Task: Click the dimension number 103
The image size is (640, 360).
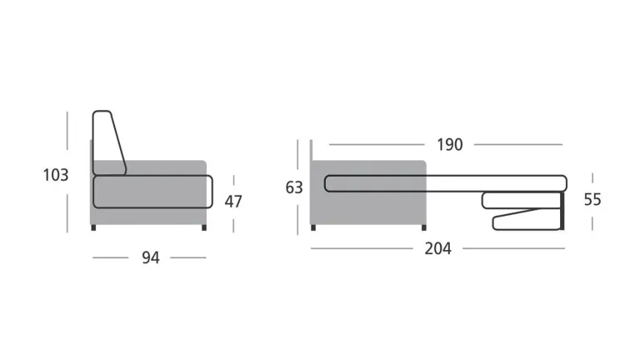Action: pyautogui.click(x=56, y=175)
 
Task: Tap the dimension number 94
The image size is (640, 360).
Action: pyautogui.click(x=151, y=257)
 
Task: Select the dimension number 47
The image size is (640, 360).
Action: pyautogui.click(x=233, y=201)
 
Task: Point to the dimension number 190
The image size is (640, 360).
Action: pyautogui.click(x=450, y=144)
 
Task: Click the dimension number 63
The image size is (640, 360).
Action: pyautogui.click(x=294, y=187)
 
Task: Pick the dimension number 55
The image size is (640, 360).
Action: pyautogui.click(x=592, y=200)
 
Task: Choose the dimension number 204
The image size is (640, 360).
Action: pyautogui.click(x=438, y=248)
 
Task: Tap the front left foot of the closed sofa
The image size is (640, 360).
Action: pyautogui.click(x=93, y=227)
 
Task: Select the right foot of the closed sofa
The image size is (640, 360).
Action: pyautogui.click(x=204, y=227)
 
